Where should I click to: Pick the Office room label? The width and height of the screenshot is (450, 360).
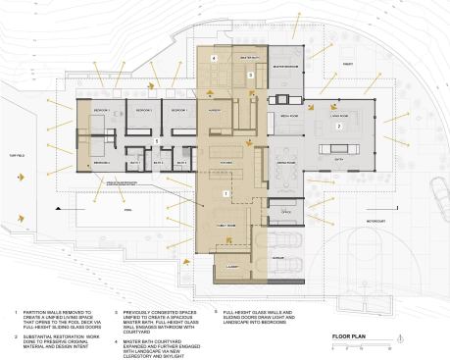point(287,212)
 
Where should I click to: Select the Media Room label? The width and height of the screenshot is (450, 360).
point(290,114)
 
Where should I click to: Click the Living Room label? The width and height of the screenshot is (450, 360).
point(339,114)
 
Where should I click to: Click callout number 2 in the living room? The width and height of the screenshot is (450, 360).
point(339,127)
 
